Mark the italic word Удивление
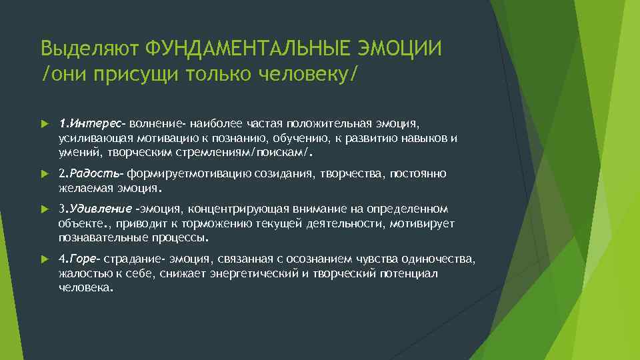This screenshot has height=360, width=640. (101, 208)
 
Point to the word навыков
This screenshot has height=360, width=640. (427, 138)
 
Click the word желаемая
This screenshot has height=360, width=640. (83, 188)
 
